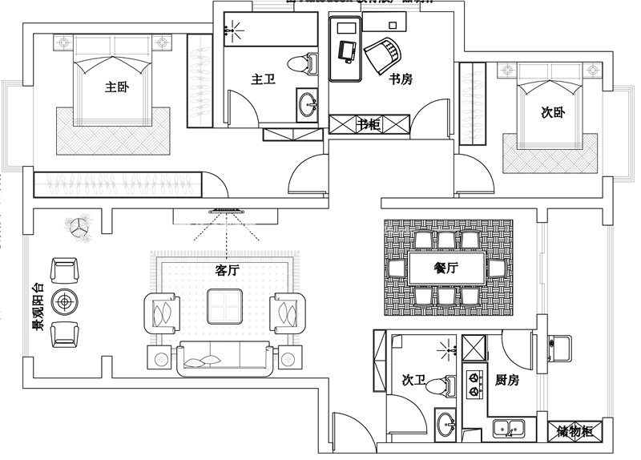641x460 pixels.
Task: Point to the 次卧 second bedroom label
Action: point(553,113)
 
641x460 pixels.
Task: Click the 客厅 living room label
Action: point(228,270)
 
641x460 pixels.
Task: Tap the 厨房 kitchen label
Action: point(507,381)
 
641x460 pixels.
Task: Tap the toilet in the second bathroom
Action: point(437,387)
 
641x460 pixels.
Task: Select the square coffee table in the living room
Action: point(225,305)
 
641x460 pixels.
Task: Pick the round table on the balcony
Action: point(65,302)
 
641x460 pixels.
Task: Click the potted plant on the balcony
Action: point(81,228)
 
